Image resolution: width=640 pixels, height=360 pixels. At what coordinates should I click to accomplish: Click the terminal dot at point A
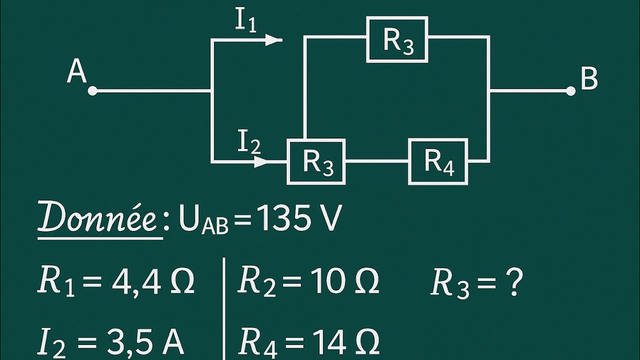(x=92, y=91)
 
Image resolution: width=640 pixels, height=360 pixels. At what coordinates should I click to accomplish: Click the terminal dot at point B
(x=570, y=91)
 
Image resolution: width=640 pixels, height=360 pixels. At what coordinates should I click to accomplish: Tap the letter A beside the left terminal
(x=76, y=71)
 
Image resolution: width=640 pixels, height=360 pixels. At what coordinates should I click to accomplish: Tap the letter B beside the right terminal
(x=589, y=78)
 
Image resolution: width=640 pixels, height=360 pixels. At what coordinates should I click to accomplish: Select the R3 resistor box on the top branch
(x=397, y=39)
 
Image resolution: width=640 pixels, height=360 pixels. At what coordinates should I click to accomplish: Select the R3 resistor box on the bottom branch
(x=316, y=161)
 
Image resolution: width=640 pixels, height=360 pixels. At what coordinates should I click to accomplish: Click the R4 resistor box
(x=438, y=161)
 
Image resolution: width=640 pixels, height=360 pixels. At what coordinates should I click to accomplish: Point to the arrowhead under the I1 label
(x=273, y=40)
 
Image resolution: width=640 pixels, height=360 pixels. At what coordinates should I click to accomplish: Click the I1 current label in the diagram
(x=245, y=20)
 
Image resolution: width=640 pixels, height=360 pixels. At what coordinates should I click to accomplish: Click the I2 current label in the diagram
(x=249, y=142)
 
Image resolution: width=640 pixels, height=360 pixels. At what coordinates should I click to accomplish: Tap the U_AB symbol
(x=203, y=220)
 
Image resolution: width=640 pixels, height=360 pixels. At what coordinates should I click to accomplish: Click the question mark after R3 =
(x=515, y=281)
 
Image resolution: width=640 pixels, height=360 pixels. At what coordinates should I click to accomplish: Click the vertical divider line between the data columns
(x=224, y=309)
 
